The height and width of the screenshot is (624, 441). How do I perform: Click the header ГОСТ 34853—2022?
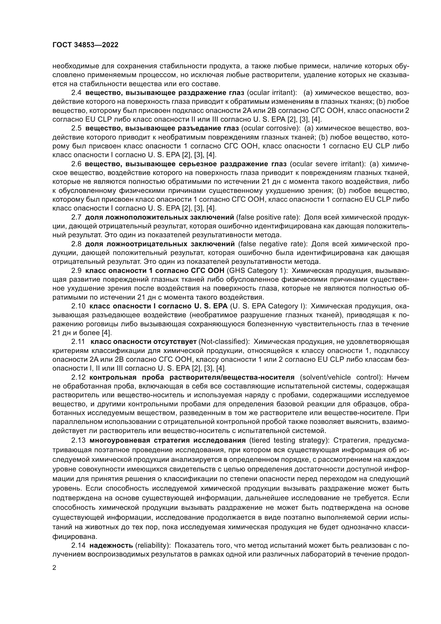[x=85, y=45]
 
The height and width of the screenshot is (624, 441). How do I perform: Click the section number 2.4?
[x=76, y=93]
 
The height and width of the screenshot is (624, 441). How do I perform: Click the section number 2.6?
[x=76, y=164]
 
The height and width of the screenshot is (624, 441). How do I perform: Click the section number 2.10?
[x=78, y=306]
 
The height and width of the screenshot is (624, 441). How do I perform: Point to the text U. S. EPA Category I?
[x=268, y=306]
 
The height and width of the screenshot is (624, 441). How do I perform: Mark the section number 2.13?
[x=78, y=440]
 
